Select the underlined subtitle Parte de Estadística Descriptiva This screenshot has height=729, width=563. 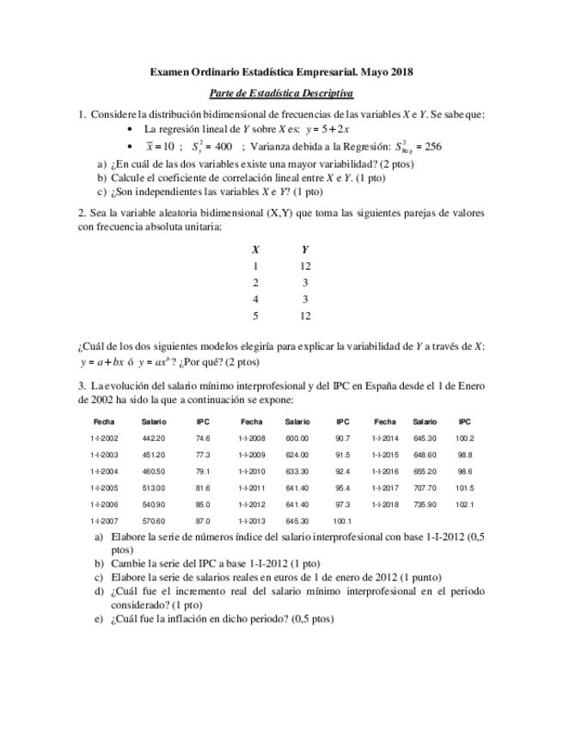point(281,93)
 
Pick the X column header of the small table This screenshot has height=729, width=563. point(255,249)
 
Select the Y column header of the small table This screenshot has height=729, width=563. point(305,249)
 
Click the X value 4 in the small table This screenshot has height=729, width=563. point(255,299)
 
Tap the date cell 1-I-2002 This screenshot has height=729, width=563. point(104,438)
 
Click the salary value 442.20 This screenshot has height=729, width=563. point(153,438)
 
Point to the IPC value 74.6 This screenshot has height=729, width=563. point(203,438)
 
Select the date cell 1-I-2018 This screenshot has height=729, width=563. point(385,505)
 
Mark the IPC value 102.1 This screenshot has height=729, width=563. point(465,505)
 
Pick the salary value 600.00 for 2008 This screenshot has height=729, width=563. point(297,438)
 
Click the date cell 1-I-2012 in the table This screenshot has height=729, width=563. point(251,505)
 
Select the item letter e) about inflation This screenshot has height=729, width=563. point(99,619)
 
